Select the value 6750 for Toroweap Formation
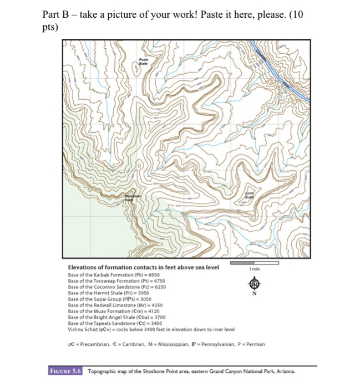point(158,280)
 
